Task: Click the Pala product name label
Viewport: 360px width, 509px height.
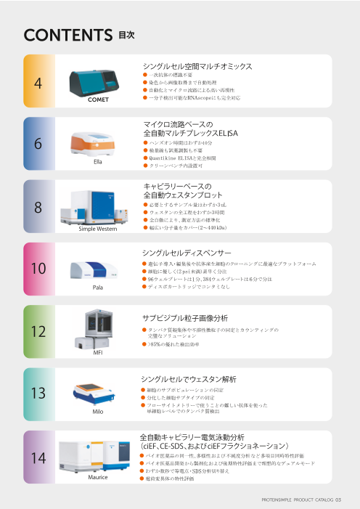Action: pos(97,288)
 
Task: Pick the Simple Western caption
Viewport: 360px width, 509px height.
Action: pos(97,229)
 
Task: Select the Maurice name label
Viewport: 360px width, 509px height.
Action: pos(97,477)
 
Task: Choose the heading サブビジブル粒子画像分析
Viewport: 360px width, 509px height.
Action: pos(185,317)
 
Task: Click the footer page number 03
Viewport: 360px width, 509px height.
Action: pos(347,500)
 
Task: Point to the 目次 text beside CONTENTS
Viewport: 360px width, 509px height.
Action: pos(126,34)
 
